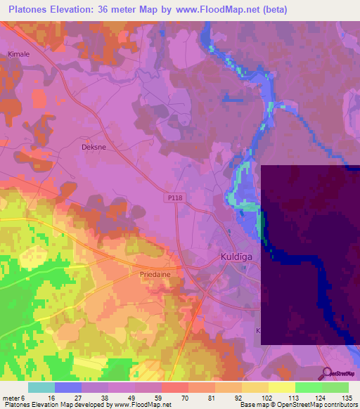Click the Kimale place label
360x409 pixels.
tap(18, 54)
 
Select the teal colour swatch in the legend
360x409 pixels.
tap(41, 387)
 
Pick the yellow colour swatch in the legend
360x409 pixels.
tap(281, 387)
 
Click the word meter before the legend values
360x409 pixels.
tap(11, 398)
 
